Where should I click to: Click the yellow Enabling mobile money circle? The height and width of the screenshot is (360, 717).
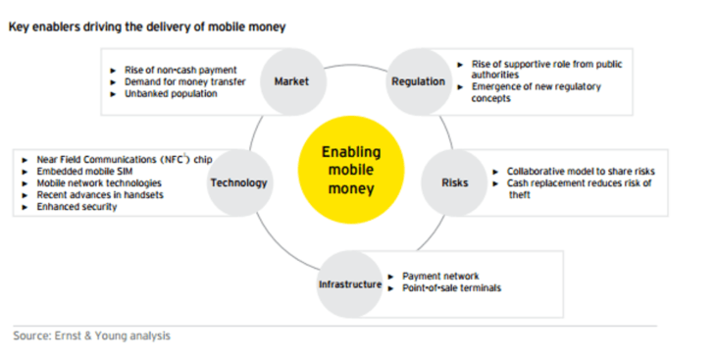351,170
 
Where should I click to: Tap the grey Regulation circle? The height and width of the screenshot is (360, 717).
419,81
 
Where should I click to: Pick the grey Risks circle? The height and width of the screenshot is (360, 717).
454,182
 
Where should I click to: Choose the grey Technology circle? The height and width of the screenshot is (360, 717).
239,182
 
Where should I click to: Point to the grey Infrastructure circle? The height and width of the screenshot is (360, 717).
350,284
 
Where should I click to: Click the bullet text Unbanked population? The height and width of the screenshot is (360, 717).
171,94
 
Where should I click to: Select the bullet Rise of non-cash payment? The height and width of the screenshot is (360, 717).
180,70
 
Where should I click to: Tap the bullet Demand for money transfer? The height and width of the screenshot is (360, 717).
185,81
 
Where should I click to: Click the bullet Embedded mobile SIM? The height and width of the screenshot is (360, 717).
84,172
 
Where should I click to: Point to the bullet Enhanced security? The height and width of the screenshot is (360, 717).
77,207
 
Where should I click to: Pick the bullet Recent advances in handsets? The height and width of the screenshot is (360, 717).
100,195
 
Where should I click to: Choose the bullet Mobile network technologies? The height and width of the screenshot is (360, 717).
99,183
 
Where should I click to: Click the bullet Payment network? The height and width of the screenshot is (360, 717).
440,277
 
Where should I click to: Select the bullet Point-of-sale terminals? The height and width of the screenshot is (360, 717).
451,288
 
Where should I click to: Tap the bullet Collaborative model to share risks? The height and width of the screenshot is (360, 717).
581,172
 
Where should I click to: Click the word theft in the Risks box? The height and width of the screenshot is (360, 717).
520,195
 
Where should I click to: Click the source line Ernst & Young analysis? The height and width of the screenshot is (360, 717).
113,335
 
